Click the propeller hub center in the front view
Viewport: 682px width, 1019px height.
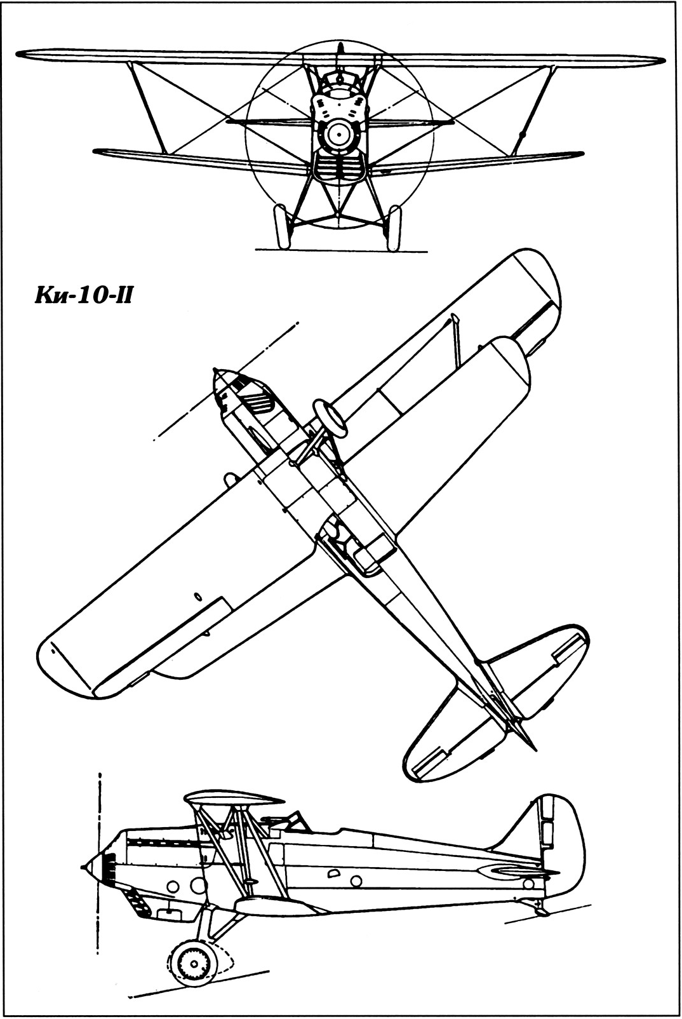[338, 134]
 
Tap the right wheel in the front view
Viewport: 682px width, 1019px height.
[394, 227]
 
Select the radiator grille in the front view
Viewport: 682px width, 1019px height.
[338, 168]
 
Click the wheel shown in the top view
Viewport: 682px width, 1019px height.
[331, 417]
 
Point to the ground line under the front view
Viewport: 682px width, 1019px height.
[342, 250]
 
